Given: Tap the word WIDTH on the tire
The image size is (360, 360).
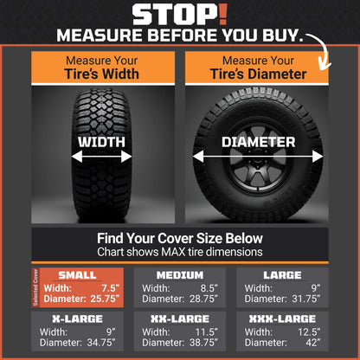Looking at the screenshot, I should pos(101,142).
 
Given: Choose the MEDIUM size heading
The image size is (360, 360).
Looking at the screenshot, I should pos(180,274).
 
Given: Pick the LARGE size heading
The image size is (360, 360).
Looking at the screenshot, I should pos(281,274).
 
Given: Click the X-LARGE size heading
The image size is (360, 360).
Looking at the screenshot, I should pos(78,318).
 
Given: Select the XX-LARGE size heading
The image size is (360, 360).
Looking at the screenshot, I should pos(180,318).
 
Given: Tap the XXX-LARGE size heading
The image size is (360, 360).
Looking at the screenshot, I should pos(281,318).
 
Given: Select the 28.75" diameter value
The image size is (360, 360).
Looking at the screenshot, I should pos(205,299).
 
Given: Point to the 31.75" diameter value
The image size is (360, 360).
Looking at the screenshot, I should pos(306,299).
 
